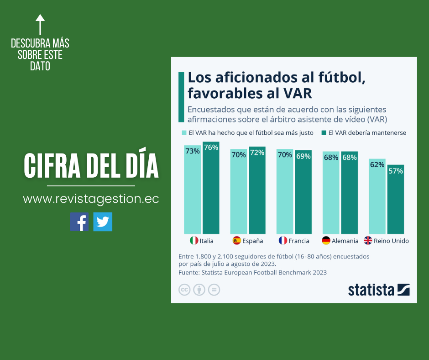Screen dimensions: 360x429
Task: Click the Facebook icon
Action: tap(79, 222)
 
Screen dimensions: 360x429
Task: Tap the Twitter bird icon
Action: tap(103, 222)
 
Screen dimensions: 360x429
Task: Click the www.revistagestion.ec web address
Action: tap(91, 200)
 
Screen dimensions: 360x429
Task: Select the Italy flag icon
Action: tap(194, 240)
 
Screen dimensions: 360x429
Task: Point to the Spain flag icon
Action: tap(237, 240)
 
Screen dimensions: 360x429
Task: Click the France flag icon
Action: tap(283, 240)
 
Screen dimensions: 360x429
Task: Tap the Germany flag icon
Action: tap(326, 240)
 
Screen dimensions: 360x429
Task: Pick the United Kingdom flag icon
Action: tap(368, 240)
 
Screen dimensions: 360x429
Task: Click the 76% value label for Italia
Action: tap(211, 148)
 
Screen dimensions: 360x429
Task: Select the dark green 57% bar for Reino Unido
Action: tap(396, 201)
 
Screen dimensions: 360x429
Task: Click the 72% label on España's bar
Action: tap(257, 153)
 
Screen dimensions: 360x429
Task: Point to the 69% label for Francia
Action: tap(303, 156)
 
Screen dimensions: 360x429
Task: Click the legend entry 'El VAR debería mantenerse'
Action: tap(363, 133)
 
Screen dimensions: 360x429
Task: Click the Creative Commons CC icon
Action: tap(184, 290)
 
